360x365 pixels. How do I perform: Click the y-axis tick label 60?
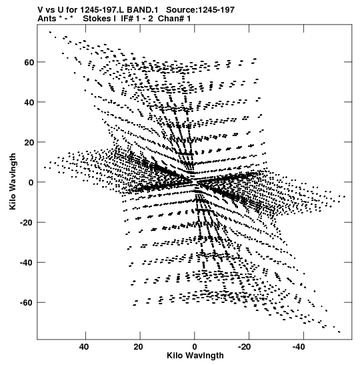click(x=29, y=62)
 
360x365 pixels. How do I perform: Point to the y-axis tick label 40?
click(x=29, y=102)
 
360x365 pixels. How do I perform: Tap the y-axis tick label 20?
click(x=29, y=142)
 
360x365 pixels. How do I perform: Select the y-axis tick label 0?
click(x=31, y=183)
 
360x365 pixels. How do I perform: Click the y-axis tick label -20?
click(x=27, y=223)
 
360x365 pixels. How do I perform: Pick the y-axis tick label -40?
click(x=27, y=263)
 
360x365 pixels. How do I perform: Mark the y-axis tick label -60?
click(x=27, y=303)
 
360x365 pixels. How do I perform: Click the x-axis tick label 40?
click(x=84, y=347)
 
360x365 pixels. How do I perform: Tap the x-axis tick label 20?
click(x=139, y=347)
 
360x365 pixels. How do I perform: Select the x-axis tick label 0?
click(x=195, y=347)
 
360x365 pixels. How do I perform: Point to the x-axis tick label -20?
click(x=245, y=347)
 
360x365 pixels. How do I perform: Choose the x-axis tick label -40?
click(x=299, y=347)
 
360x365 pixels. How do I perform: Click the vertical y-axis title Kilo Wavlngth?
click(x=13, y=181)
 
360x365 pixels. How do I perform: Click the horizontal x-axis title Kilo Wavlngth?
click(x=195, y=356)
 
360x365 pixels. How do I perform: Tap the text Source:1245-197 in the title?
click(x=201, y=10)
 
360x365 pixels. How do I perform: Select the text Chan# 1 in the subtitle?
click(x=174, y=19)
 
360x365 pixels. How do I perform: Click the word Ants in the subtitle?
click(x=47, y=19)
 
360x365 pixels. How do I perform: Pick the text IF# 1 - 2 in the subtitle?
click(x=137, y=19)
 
